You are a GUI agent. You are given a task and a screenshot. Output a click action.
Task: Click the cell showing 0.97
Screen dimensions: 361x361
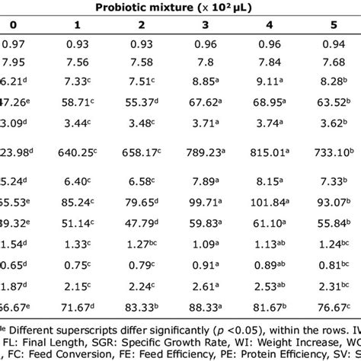(14, 46)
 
